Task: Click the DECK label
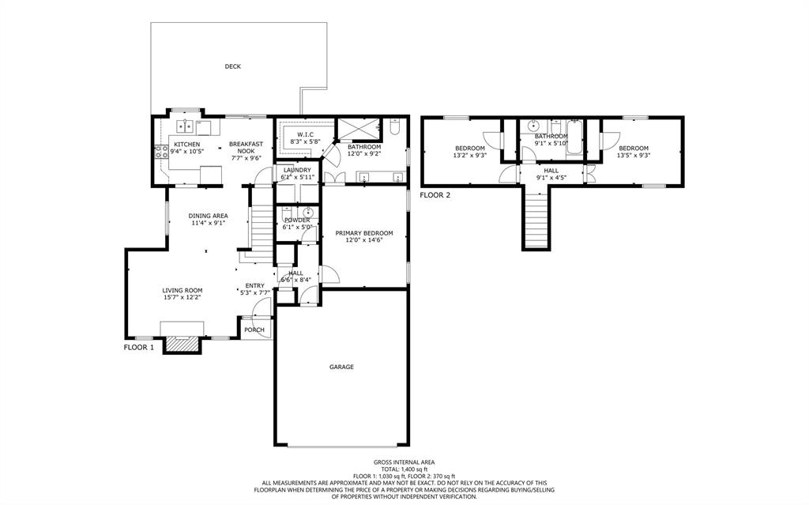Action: pos(233,66)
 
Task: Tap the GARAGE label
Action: pos(341,367)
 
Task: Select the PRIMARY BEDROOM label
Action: pos(364,233)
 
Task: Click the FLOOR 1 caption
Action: pos(139,348)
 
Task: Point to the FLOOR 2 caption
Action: pos(435,195)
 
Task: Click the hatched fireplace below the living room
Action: pos(181,345)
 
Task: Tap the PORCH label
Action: pos(254,330)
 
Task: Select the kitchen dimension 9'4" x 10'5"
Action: pos(186,151)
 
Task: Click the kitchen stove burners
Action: pos(161,151)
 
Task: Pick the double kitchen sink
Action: pos(185,126)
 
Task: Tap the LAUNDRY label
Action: pos(297,170)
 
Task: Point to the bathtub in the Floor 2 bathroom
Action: pos(574,137)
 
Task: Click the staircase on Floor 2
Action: pos(536,217)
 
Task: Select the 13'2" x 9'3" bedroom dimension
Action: pos(470,155)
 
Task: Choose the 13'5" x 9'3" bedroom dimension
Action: pos(634,155)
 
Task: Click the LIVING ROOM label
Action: pos(182,291)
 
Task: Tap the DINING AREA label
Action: pos(208,216)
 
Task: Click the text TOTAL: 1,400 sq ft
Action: pos(404,469)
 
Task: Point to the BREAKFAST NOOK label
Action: pos(246,148)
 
